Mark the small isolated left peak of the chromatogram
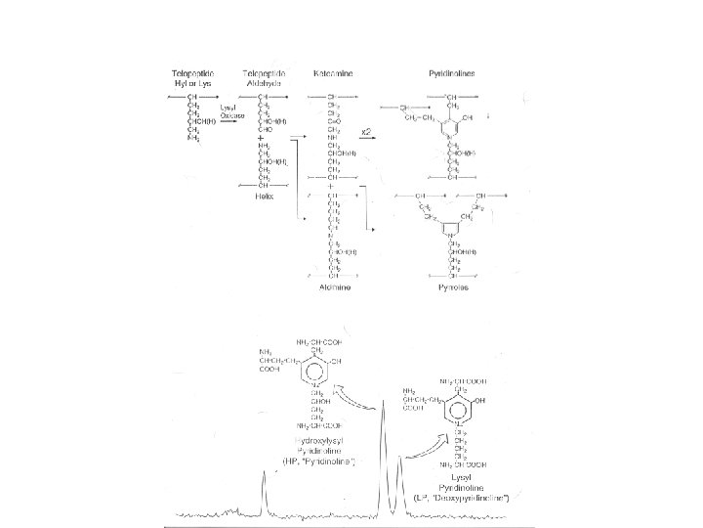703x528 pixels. [264, 489]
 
